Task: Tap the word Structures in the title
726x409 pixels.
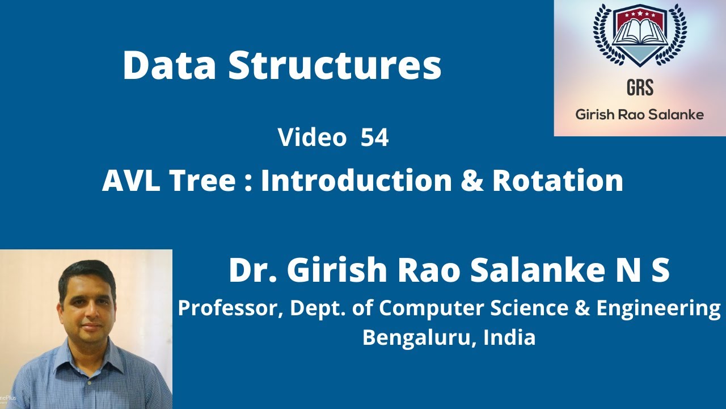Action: [335, 65]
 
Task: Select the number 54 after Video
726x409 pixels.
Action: [374, 138]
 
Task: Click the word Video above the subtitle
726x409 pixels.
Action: [312, 138]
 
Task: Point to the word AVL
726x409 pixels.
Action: [129, 181]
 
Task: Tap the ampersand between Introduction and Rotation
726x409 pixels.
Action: [471, 181]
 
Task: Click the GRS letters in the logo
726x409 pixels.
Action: [640, 87]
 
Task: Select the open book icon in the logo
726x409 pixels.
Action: [640, 34]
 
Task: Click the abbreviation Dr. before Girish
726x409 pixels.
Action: [252, 270]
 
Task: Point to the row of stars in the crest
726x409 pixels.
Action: [640, 11]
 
